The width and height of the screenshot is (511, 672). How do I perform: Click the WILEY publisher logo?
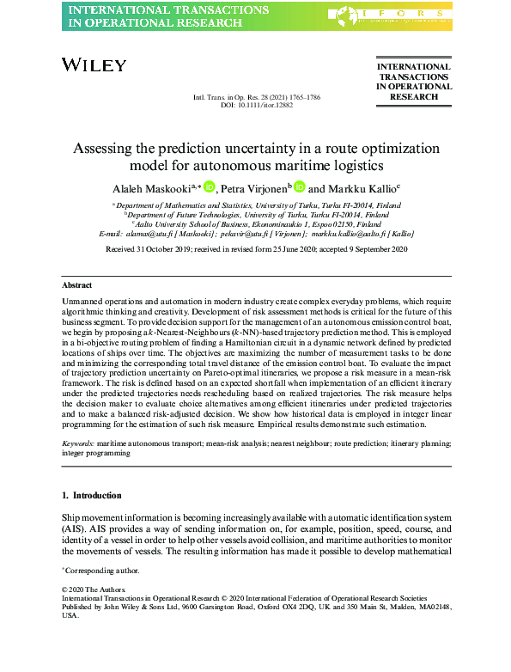(94, 65)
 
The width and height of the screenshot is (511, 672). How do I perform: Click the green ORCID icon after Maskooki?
(209, 187)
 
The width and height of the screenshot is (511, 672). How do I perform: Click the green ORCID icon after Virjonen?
(299, 187)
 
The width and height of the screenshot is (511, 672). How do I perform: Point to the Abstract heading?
(77, 284)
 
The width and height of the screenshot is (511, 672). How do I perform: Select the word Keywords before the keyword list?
(78, 444)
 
